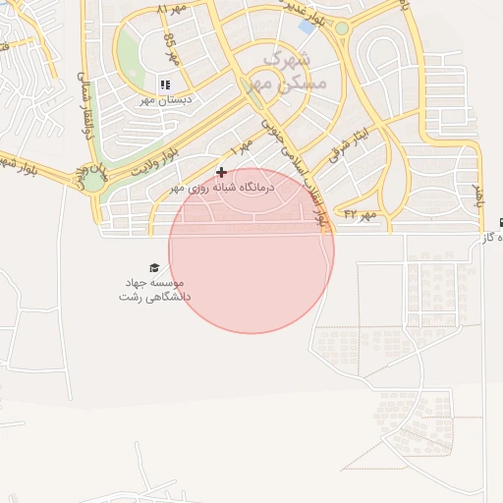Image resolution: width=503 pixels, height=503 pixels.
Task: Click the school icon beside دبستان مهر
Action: tap(165, 85)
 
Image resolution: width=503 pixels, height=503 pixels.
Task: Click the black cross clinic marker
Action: tap(221, 172)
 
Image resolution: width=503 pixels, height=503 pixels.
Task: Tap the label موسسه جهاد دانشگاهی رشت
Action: tap(154, 289)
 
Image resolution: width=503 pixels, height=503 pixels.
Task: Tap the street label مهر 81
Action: tap(171, 9)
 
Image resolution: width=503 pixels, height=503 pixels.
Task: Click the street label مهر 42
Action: tap(361, 213)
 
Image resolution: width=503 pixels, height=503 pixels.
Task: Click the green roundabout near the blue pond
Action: tap(341, 28)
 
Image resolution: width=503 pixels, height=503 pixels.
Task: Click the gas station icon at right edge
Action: tap(501, 222)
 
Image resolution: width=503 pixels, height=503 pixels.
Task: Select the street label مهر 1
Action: tap(242, 145)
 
